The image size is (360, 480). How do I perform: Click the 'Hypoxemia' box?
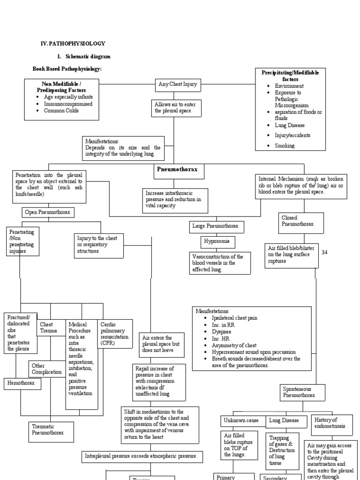pyautogui.click(x=217, y=242)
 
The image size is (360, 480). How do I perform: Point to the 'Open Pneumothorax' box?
pyautogui.click(x=47, y=212)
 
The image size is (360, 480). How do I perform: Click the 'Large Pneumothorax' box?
pyautogui.click(x=216, y=226)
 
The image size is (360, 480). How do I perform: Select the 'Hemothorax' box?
pyautogui.click(x=22, y=383)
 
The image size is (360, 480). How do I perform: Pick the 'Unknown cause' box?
pyautogui.click(x=241, y=420)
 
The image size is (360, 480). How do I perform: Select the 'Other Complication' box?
pyautogui.click(x=47, y=368)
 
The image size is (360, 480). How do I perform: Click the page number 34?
pyautogui.click(x=324, y=253)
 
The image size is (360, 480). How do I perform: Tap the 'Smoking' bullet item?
pyautogui.click(x=285, y=146)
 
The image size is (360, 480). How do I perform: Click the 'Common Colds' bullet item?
pyautogui.click(x=61, y=111)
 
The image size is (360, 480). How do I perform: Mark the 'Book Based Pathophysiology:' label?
pyautogui.click(x=67, y=69)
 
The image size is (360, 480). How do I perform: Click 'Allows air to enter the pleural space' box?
pyautogui.click(x=174, y=107)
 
